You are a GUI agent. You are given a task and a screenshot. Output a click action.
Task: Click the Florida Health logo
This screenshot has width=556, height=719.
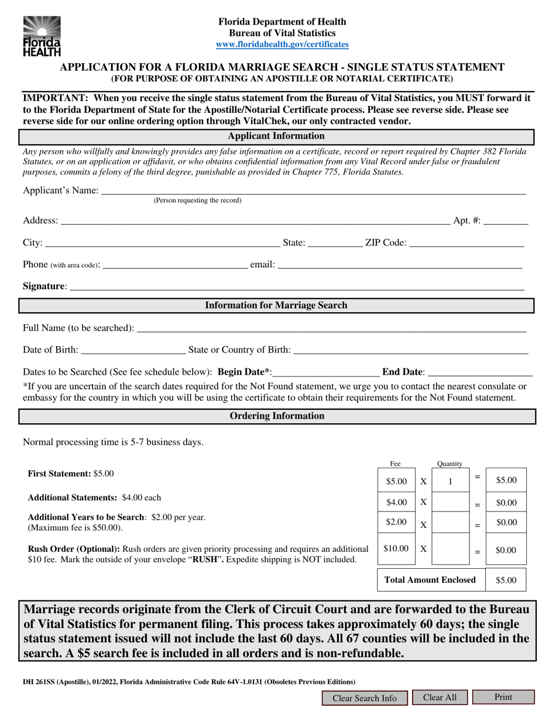[x=42, y=36]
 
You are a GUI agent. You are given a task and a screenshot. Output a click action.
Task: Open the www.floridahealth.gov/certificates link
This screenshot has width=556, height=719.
[x=282, y=44]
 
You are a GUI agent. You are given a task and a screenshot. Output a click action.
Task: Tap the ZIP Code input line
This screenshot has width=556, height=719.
[x=466, y=242]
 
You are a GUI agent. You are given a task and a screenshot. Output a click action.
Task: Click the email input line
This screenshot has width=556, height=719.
[x=399, y=264]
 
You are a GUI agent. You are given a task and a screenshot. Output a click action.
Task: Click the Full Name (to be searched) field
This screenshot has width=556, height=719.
[x=331, y=328]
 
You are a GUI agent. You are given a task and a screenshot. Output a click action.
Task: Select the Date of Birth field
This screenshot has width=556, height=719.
[x=133, y=350]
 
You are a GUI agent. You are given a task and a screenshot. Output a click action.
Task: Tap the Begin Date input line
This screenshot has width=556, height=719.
[x=326, y=372]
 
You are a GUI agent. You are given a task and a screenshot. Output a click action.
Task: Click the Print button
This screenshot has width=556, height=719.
[x=503, y=697]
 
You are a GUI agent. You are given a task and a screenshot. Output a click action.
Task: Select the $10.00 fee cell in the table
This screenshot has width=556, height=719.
[x=396, y=549]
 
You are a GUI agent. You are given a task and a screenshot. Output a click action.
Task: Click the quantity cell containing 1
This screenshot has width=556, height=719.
[x=450, y=482]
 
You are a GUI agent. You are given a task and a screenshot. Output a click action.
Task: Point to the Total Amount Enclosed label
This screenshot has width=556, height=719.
[x=430, y=580]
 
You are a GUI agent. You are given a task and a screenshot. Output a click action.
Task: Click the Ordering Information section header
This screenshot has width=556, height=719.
[x=277, y=416]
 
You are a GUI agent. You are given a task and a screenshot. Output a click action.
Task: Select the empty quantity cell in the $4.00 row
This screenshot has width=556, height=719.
[x=450, y=503]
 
